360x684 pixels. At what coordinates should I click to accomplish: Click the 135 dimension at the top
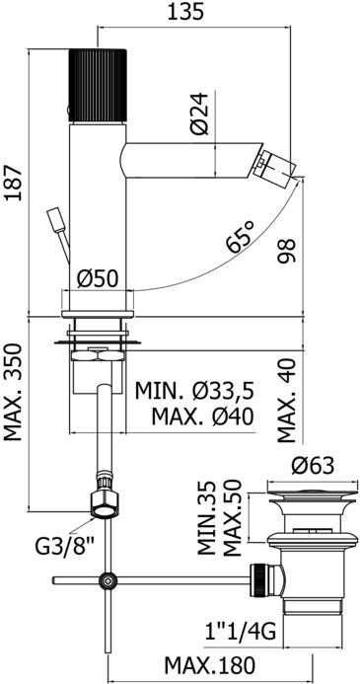186,12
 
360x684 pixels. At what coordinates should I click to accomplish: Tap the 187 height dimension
13,183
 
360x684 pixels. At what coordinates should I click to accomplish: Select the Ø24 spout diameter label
200,114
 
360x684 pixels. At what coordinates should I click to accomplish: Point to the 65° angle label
240,237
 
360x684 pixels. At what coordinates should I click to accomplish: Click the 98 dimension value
286,251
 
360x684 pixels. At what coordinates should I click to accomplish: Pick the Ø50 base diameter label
98,278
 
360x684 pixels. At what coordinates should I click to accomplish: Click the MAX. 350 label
13,393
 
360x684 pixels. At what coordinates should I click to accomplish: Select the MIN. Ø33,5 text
194,391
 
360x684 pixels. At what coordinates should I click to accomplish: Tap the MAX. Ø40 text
202,418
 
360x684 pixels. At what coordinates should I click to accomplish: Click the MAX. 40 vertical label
286,401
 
